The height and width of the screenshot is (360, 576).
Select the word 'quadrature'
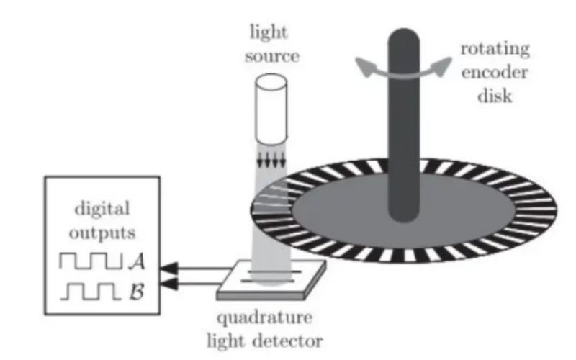[x=267, y=316]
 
